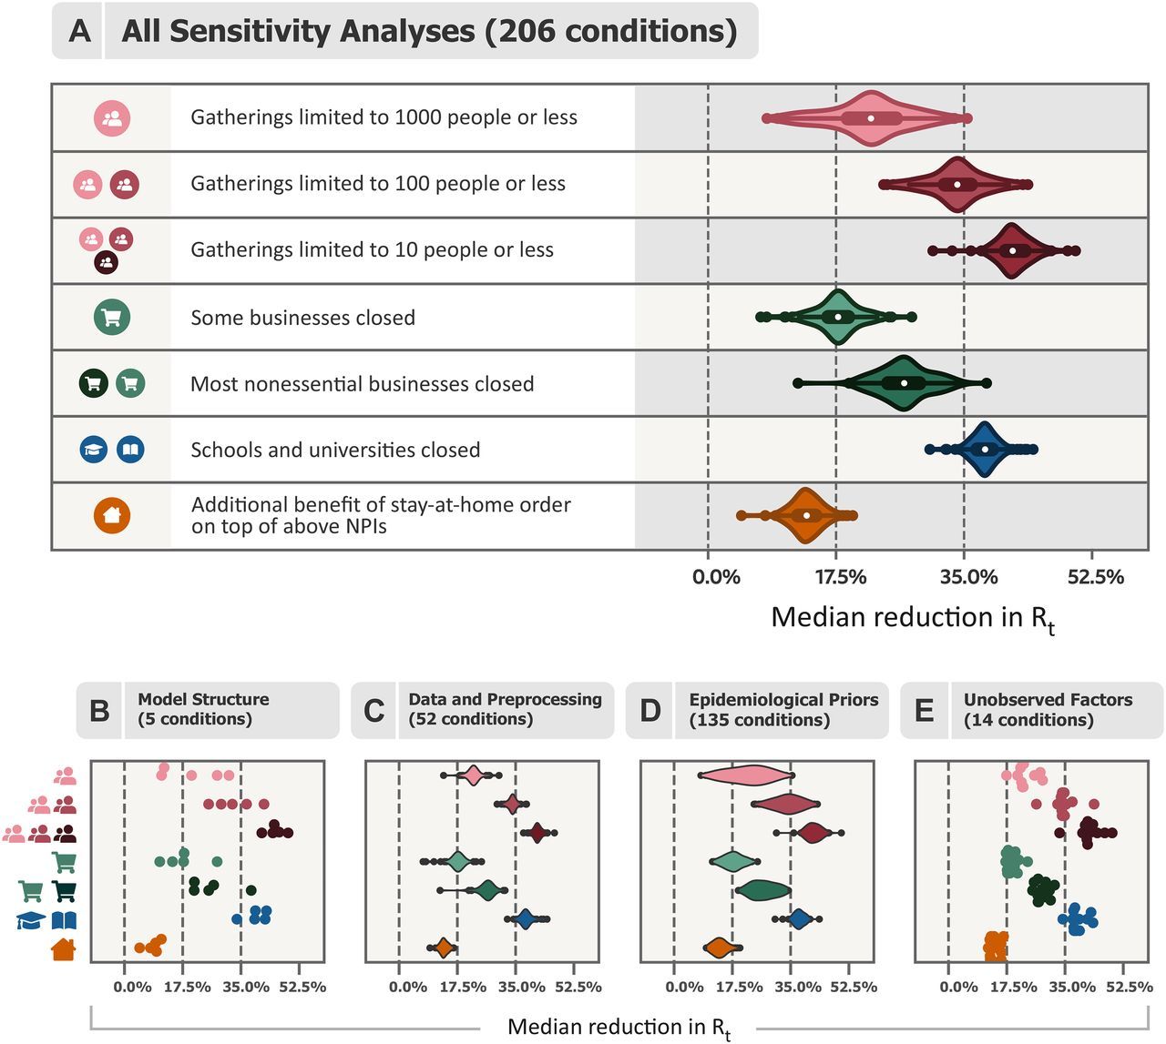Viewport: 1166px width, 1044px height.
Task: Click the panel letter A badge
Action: (79, 31)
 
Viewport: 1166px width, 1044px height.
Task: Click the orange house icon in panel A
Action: (112, 516)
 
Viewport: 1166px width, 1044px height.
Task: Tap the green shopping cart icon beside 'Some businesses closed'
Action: (112, 318)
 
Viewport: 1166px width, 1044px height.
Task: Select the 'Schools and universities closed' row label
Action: (335, 450)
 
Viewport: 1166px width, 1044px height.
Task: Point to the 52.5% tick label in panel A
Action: (1095, 577)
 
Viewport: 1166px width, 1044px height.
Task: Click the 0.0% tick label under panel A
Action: (716, 577)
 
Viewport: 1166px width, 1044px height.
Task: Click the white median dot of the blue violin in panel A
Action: (984, 450)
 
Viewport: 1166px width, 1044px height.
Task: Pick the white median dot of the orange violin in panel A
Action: (806, 515)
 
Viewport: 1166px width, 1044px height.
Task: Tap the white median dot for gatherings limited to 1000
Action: (871, 118)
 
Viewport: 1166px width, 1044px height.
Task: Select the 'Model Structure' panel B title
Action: (203, 699)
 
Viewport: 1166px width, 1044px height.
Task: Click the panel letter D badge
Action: (650, 710)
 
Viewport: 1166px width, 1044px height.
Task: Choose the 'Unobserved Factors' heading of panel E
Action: (1048, 699)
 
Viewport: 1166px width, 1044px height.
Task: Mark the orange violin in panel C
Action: (444, 948)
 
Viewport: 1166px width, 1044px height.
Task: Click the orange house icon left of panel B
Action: (64, 949)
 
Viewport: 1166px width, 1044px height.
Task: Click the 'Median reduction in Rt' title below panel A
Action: (913, 618)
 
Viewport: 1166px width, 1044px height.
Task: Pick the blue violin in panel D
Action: (799, 919)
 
